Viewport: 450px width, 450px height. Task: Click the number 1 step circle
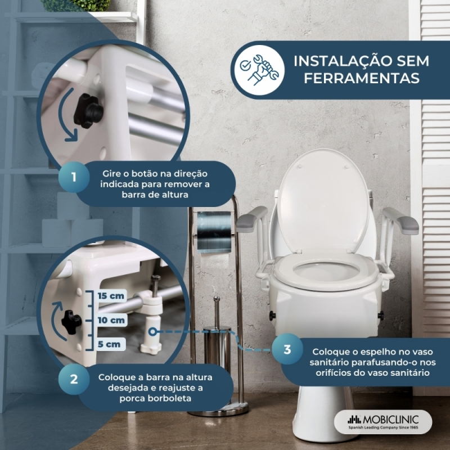point(74,177)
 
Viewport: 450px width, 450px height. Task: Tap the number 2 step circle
point(74,379)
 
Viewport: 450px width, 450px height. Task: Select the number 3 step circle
point(287,349)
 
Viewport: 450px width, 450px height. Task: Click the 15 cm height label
point(111,296)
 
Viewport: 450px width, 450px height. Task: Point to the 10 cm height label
point(111,320)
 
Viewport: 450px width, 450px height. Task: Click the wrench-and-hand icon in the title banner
point(259,70)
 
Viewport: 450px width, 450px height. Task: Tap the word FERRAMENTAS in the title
point(362,78)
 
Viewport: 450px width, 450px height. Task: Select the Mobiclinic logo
point(383,421)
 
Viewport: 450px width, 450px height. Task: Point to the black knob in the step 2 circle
point(71,322)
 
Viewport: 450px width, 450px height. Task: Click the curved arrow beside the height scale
point(55,321)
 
